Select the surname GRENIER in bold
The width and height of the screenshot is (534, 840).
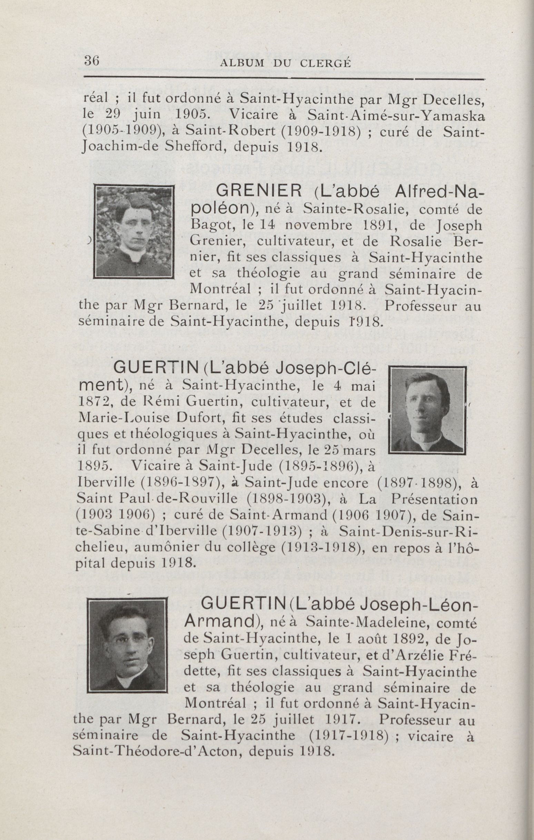259,191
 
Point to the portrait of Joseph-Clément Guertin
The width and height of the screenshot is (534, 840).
427,411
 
